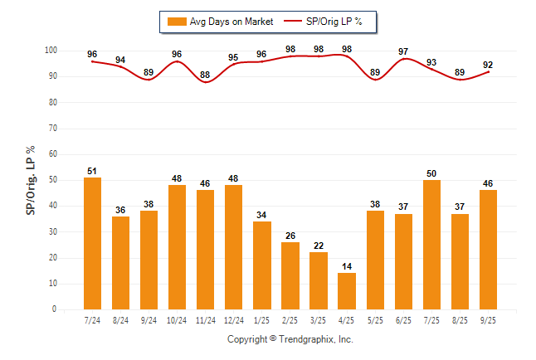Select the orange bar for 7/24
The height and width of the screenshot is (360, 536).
92,243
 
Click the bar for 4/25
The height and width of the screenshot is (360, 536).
346,291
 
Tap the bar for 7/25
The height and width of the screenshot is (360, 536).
431,245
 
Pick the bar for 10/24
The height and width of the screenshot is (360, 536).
177,247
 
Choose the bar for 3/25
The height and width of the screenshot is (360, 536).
318,280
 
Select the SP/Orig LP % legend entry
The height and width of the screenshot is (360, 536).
329,21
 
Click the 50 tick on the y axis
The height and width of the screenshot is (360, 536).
52,180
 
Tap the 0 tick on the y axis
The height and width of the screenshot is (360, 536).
54,309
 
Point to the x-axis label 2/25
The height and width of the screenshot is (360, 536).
290,319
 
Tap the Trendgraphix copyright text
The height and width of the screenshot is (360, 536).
290,339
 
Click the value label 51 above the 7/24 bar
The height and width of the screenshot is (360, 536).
92,172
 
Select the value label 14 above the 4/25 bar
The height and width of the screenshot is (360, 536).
346,267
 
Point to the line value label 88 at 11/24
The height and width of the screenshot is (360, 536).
205,75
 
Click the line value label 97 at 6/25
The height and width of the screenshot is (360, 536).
402,52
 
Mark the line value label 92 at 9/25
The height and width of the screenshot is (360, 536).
487,65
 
